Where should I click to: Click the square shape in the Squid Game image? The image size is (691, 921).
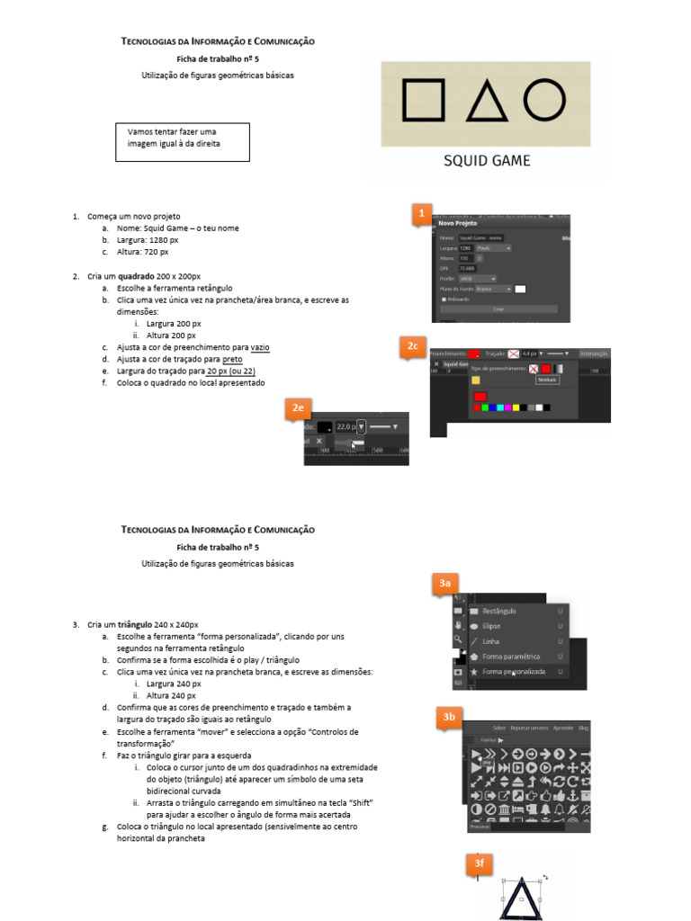(x=423, y=99)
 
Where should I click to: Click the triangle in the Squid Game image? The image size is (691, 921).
(x=486, y=101)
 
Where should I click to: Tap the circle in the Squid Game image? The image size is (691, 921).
(x=545, y=98)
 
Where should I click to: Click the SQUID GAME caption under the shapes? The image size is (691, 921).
(x=487, y=161)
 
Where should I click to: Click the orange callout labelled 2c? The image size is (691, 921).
(x=413, y=346)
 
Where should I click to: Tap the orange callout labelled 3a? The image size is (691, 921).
(x=444, y=585)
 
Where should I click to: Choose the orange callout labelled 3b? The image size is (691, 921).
(x=450, y=717)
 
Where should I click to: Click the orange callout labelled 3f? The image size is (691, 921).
(x=480, y=864)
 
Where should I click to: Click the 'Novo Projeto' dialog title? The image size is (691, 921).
(x=457, y=223)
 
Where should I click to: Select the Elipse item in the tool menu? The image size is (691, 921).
(x=491, y=625)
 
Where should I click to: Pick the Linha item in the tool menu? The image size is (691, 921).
(x=491, y=640)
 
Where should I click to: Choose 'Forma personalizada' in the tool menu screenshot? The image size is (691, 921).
(x=512, y=671)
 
